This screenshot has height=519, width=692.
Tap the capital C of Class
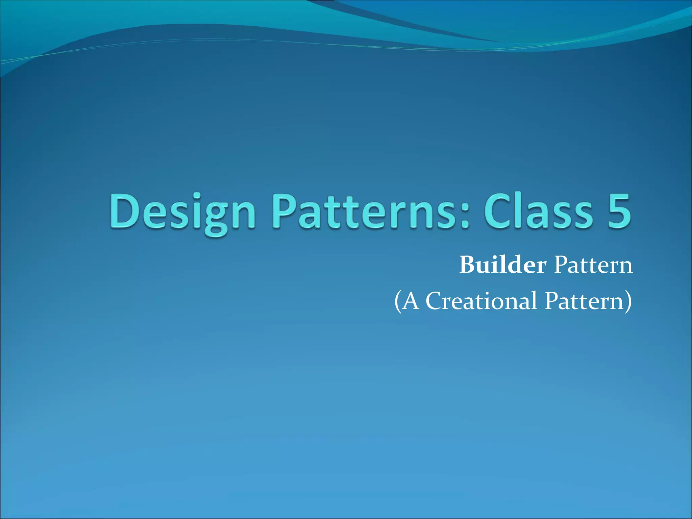coord(497,212)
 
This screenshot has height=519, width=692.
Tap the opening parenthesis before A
coord(398,301)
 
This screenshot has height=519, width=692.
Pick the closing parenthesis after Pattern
coord(628,301)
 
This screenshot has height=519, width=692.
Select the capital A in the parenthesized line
coord(411,301)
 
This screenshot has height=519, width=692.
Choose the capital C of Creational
coord(434,301)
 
